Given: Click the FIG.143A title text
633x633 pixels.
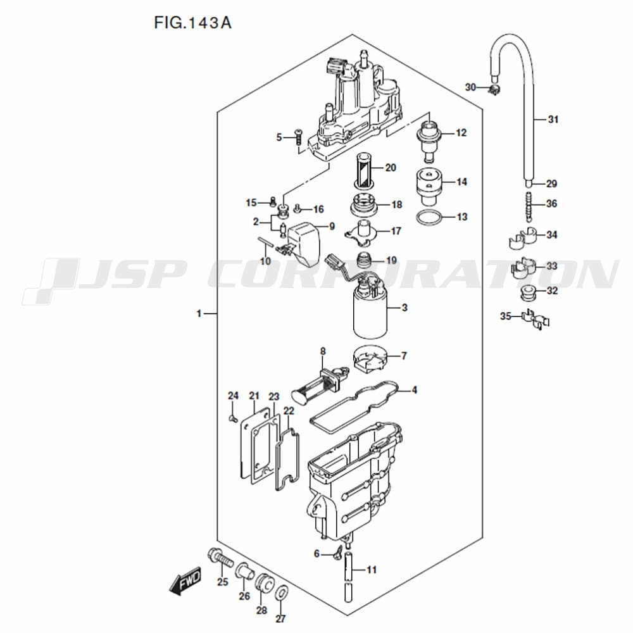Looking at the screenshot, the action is [x=192, y=23].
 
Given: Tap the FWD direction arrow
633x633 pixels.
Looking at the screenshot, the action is [x=185, y=581].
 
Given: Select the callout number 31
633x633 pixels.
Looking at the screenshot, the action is [x=553, y=120].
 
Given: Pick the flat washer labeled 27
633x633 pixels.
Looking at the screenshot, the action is [x=282, y=594].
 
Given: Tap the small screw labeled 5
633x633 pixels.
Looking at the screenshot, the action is [x=298, y=137].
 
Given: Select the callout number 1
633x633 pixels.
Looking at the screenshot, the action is [x=199, y=313].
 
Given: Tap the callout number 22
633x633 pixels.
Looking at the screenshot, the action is [x=289, y=411].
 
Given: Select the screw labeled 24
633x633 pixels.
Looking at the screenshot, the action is [x=232, y=418].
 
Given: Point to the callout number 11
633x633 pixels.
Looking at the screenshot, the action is [x=372, y=570].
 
